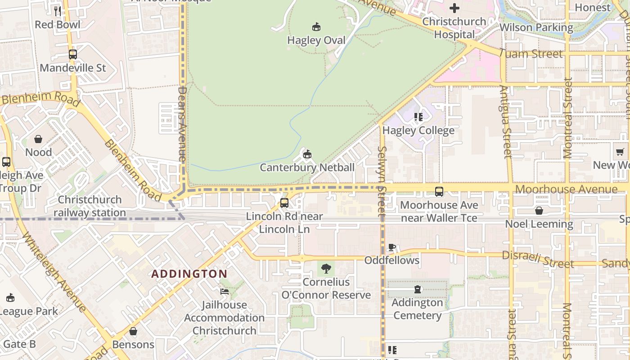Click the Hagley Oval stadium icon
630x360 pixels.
(x=316, y=27)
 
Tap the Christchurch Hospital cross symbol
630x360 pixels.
(x=454, y=8)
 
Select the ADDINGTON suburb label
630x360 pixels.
(x=189, y=274)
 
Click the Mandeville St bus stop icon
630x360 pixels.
(x=73, y=54)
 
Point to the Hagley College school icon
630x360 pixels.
(x=418, y=117)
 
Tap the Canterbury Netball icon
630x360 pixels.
(x=307, y=154)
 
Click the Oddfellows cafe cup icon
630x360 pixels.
(x=391, y=247)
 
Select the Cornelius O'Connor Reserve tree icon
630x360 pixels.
(x=326, y=269)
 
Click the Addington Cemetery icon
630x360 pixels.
(x=417, y=289)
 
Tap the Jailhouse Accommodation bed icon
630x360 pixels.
(x=224, y=292)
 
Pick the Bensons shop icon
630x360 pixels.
(x=133, y=331)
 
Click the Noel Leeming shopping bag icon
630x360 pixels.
(x=539, y=211)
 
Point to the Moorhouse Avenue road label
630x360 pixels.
(x=566, y=189)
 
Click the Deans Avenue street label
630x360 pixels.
(x=182, y=124)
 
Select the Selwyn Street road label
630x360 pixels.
(x=382, y=180)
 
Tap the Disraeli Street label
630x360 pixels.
(x=538, y=259)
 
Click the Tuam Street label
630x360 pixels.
(x=531, y=54)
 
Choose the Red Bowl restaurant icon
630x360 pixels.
(x=57, y=11)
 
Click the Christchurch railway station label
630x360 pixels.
(x=90, y=206)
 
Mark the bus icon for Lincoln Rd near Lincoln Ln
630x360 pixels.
(x=284, y=202)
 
